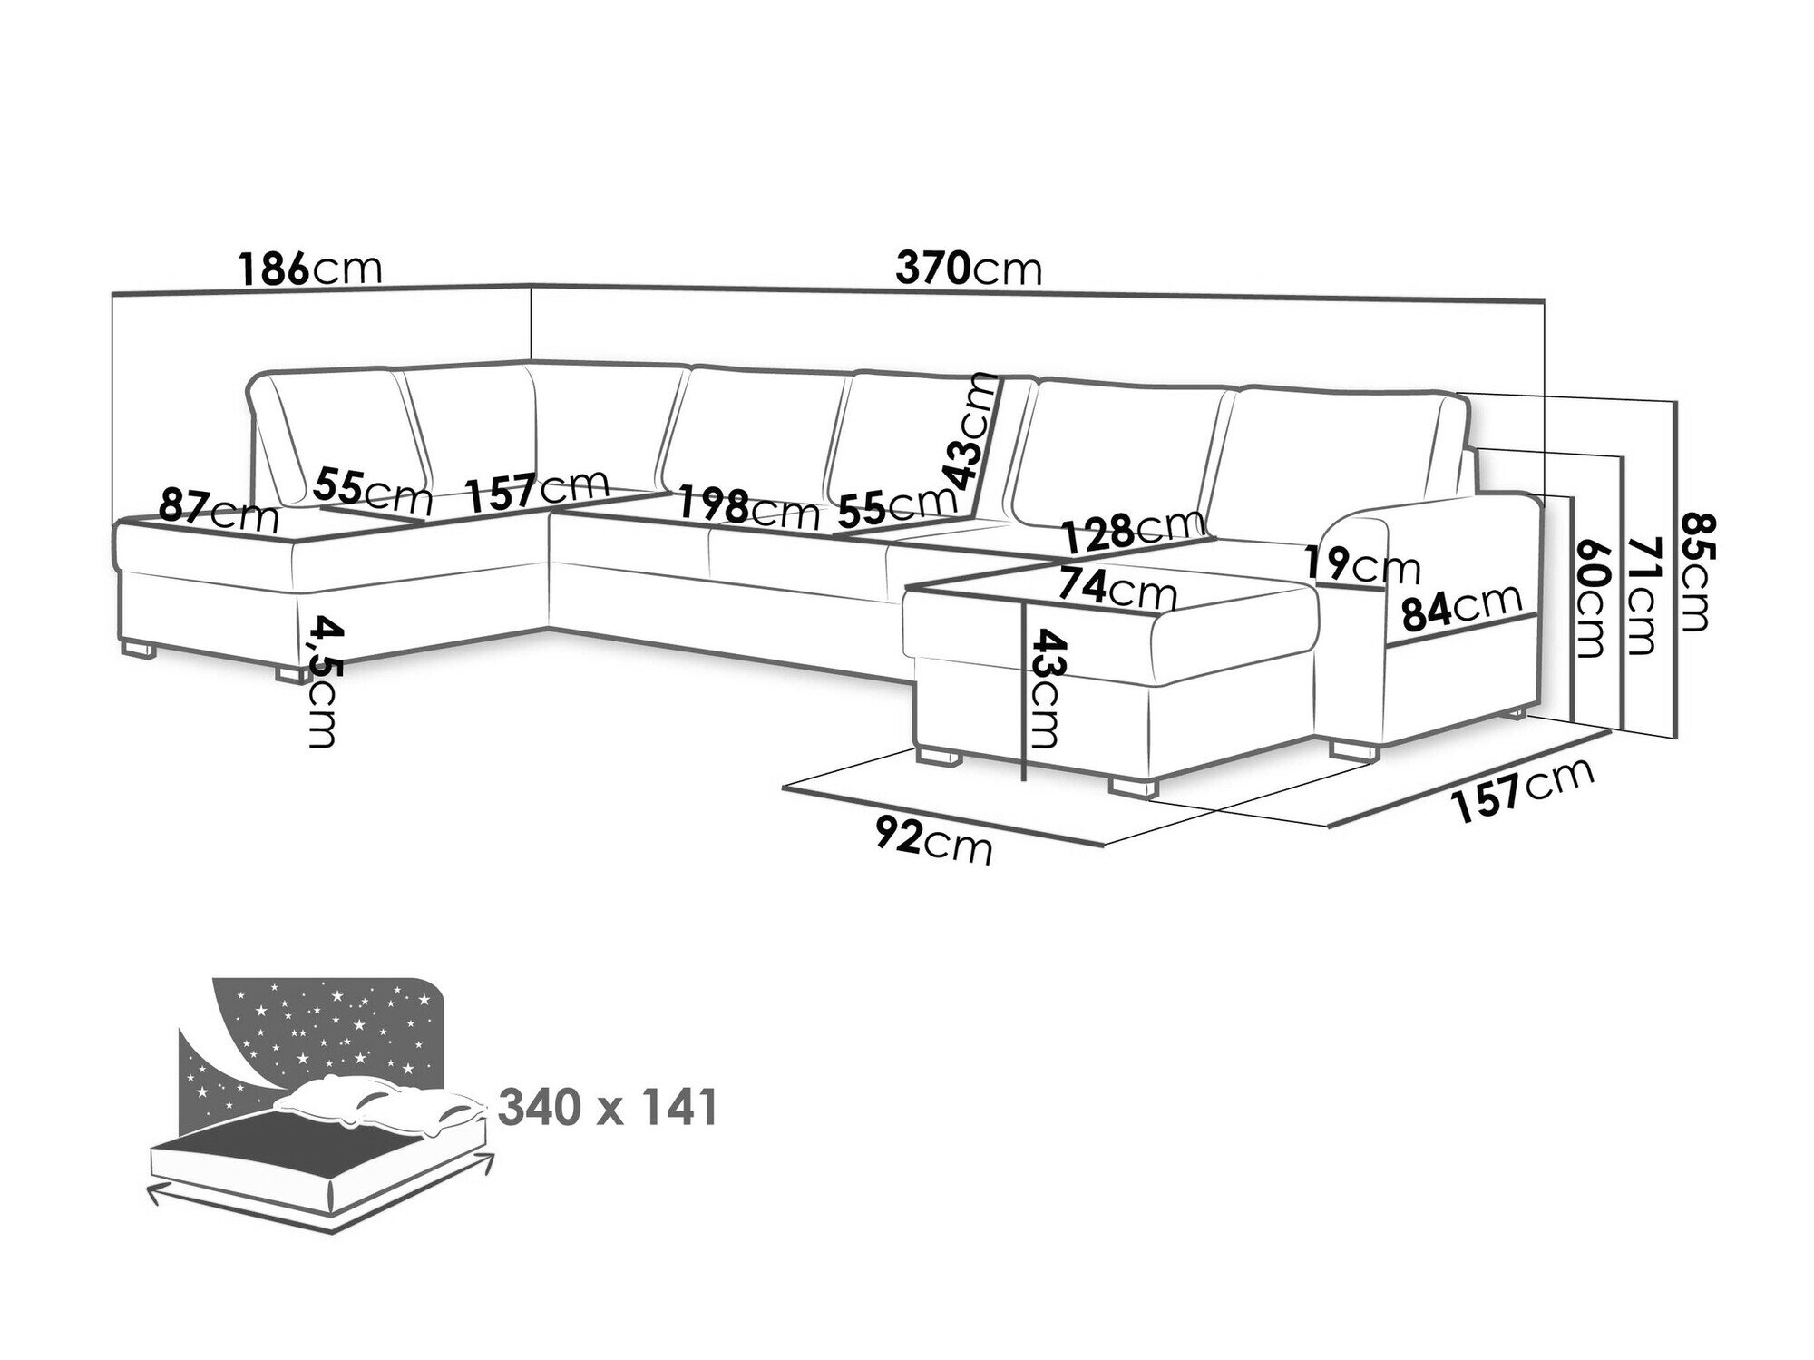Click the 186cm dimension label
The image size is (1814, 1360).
coord(310,269)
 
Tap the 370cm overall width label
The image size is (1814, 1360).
coord(969,269)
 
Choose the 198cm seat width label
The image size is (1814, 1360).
coord(749,510)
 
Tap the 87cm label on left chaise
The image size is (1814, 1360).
coord(219,511)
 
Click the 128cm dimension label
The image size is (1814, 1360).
coord(1134,532)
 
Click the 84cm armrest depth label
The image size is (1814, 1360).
coord(1460,608)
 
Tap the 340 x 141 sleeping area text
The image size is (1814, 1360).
coord(608,1108)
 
